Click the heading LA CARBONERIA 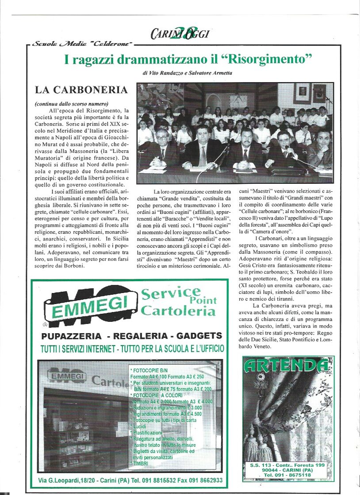pyautogui.click(x=81, y=90)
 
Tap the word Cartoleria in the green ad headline pyautogui.click(x=179, y=311)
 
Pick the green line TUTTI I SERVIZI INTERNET pyautogui.click(x=132, y=349)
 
